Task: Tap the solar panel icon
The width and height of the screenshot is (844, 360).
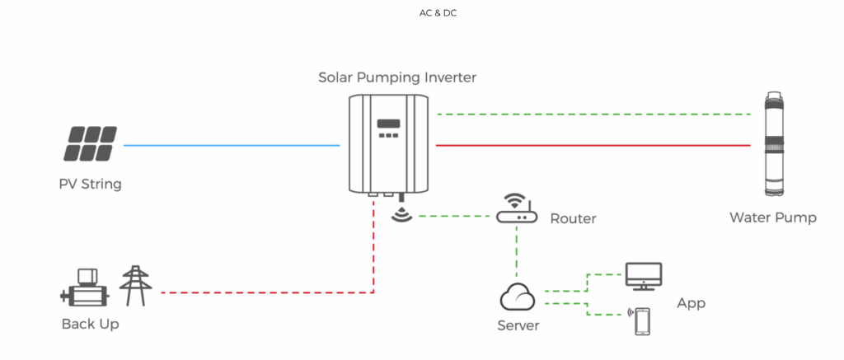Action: [x=91, y=143]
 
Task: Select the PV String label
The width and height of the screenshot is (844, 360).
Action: [x=91, y=184]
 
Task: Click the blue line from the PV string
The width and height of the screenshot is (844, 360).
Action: [x=231, y=146]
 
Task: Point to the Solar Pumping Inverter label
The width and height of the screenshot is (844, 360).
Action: [x=397, y=77]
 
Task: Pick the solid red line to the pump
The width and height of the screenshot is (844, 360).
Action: [x=593, y=145]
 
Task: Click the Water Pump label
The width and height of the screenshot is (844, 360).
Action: [x=772, y=217]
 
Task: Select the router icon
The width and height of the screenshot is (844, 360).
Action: [x=516, y=210]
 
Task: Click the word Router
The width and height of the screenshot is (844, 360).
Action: [x=573, y=218]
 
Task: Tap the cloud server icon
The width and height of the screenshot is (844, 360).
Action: [x=517, y=295]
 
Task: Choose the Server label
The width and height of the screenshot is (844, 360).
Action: [x=518, y=325]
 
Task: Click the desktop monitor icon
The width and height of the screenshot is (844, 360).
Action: [x=643, y=275]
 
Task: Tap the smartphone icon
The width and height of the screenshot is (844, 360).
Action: [x=641, y=320]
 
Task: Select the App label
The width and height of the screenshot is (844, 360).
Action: [x=691, y=303]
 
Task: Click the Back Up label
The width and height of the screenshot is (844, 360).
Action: [x=91, y=324]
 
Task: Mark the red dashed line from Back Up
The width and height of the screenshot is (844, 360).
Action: [x=264, y=292]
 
